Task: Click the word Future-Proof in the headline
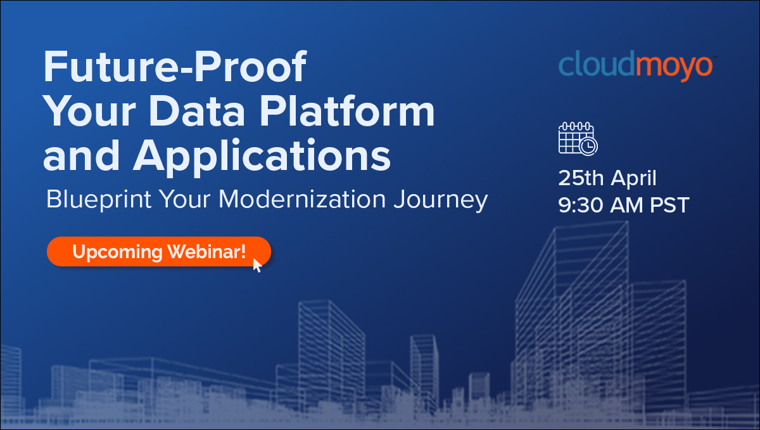pyautogui.click(x=175, y=68)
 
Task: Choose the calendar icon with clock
pyautogui.click(x=577, y=138)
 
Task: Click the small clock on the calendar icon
pyautogui.click(x=588, y=147)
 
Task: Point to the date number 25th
pyautogui.click(x=581, y=178)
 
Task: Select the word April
pyautogui.click(x=635, y=178)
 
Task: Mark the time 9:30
pyautogui.click(x=579, y=205)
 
